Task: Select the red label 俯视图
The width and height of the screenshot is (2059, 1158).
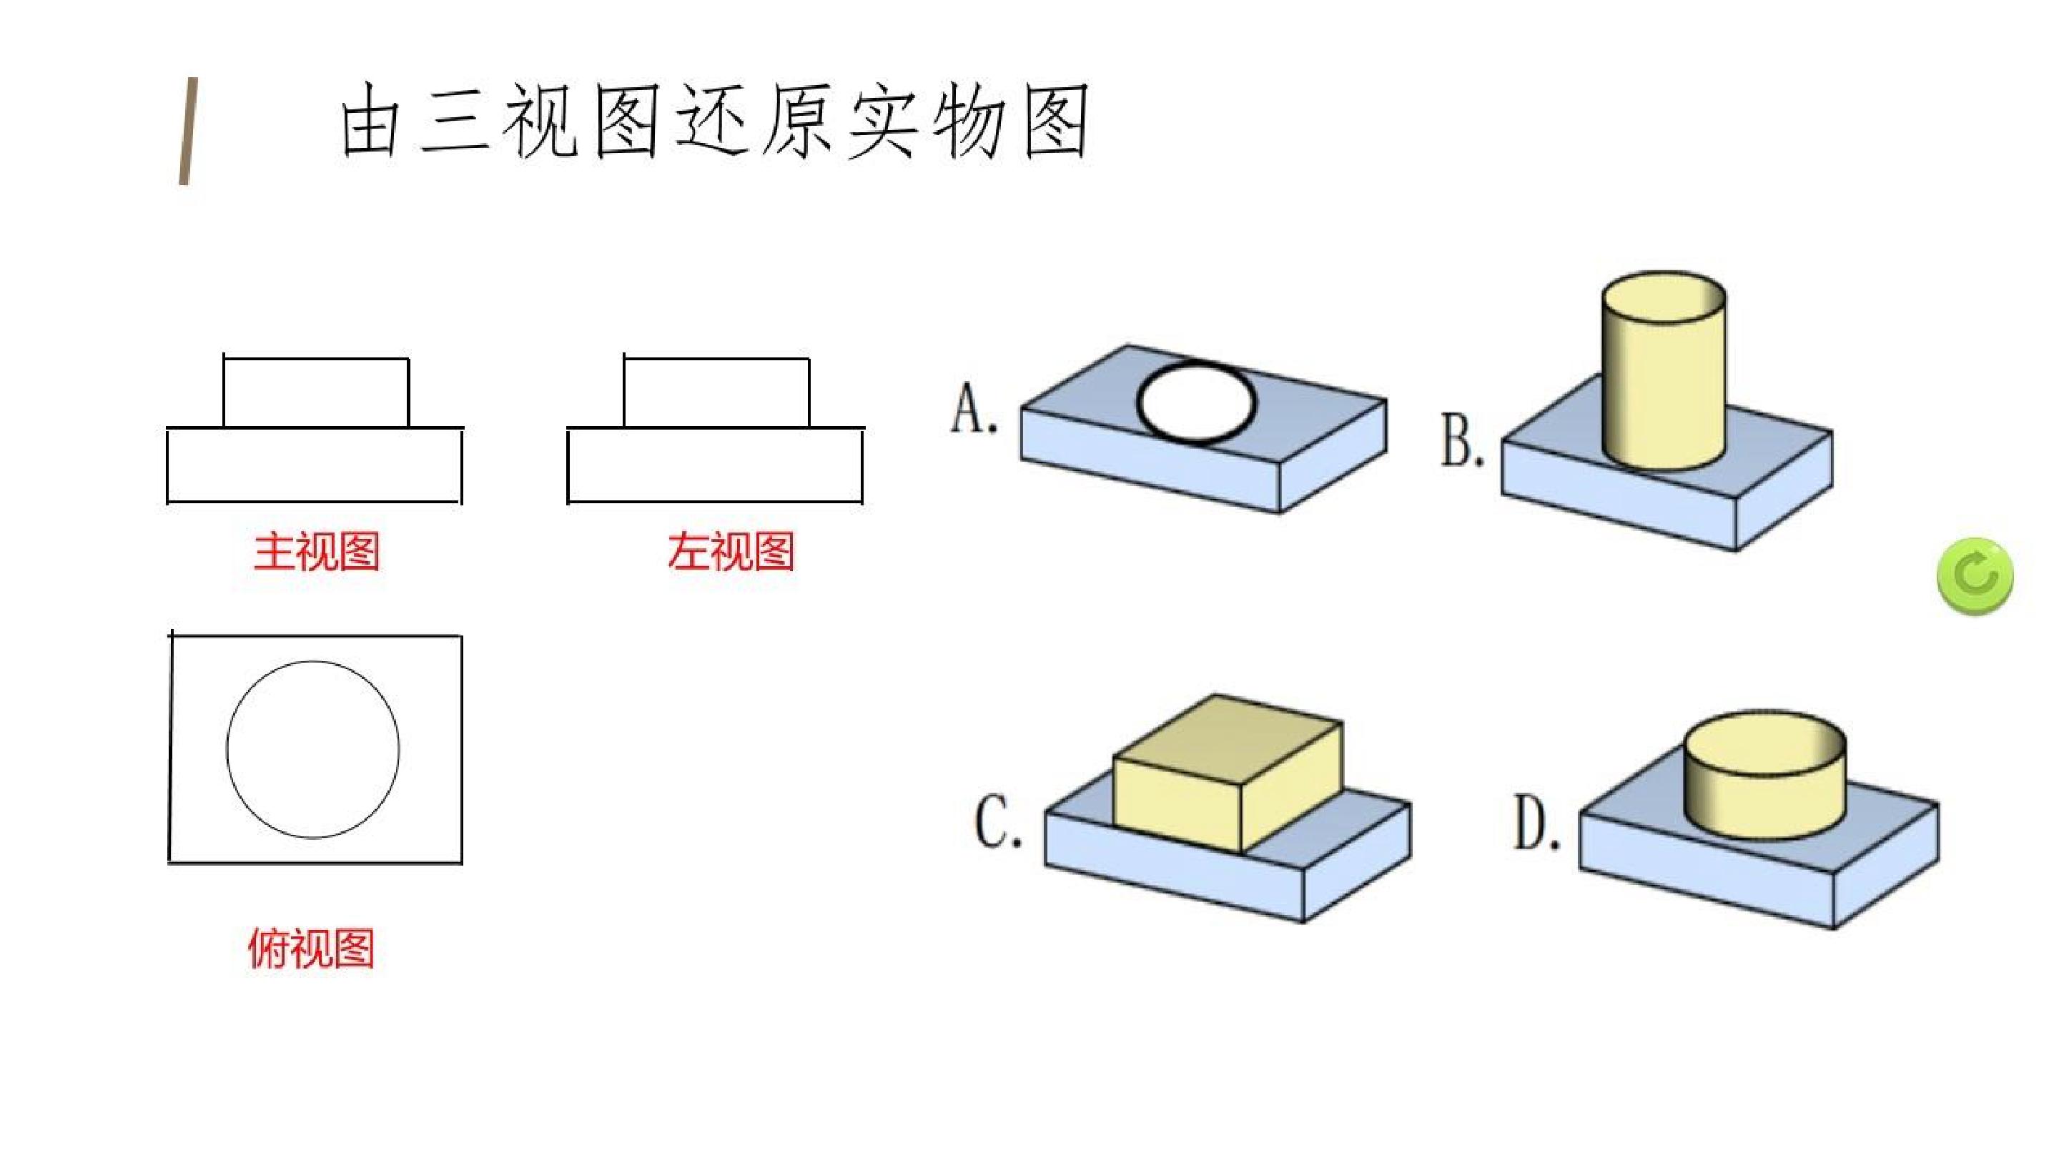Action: (312, 949)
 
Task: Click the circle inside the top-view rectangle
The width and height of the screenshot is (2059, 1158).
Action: (227, 750)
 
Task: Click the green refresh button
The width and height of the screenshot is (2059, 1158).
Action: (1975, 576)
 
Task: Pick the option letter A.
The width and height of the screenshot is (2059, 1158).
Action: (973, 407)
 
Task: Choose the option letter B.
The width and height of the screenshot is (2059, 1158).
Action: (1462, 440)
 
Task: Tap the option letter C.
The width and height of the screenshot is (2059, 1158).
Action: (998, 821)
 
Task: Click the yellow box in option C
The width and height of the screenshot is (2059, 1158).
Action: (1228, 771)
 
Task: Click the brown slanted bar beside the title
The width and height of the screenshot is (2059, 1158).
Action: (188, 131)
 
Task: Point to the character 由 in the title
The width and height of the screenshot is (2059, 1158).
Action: (370, 121)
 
